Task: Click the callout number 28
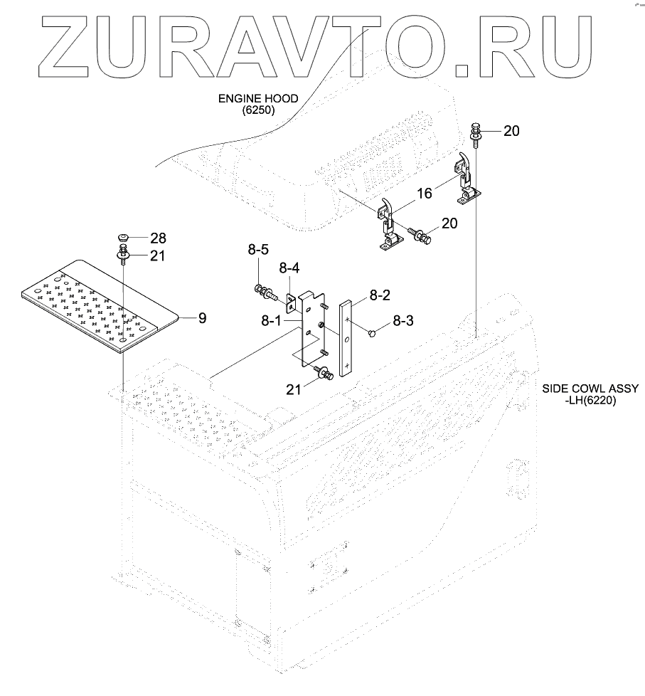pyautogui.click(x=158, y=237)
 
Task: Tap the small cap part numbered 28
pyautogui.click(x=124, y=238)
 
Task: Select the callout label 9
pyautogui.click(x=202, y=318)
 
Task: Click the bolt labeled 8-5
pyautogui.click(x=263, y=290)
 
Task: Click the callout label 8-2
pyautogui.click(x=378, y=294)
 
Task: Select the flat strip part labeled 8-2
pyautogui.click(x=346, y=338)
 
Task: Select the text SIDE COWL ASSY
pyautogui.click(x=590, y=389)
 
